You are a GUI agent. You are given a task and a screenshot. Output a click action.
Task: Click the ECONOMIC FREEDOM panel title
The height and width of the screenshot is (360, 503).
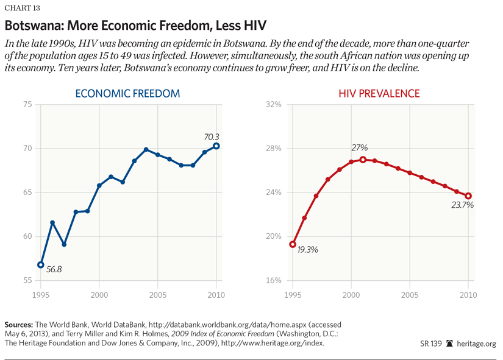click(x=127, y=94)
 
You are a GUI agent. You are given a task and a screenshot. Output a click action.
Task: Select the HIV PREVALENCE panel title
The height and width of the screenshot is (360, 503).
click(x=380, y=94)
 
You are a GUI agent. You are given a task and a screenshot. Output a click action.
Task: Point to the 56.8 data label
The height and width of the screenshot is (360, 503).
click(x=54, y=269)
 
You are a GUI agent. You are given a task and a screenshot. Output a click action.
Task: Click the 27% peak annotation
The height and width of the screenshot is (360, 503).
click(x=360, y=148)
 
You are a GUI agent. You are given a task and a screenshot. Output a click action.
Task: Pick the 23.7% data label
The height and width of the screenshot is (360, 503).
click(x=463, y=205)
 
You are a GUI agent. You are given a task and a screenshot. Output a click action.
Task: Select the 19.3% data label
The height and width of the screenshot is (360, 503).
click(x=308, y=249)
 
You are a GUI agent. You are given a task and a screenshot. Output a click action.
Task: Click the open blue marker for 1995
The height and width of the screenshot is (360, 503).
click(x=41, y=265)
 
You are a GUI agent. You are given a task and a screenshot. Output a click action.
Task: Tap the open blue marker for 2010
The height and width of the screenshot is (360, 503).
click(x=216, y=146)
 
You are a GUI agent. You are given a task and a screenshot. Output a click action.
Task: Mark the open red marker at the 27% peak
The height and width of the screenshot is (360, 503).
click(x=363, y=160)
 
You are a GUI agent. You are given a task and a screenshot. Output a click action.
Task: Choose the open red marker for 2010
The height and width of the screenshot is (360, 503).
click(x=468, y=196)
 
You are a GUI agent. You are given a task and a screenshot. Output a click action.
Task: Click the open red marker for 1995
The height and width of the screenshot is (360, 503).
click(x=293, y=244)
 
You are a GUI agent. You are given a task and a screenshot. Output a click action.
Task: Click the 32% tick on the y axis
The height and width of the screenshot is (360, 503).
click(x=274, y=105)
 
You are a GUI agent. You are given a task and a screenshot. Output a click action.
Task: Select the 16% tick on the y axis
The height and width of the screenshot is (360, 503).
click(x=274, y=281)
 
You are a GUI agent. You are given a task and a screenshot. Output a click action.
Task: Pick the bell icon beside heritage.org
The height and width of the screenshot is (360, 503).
click(x=449, y=344)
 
